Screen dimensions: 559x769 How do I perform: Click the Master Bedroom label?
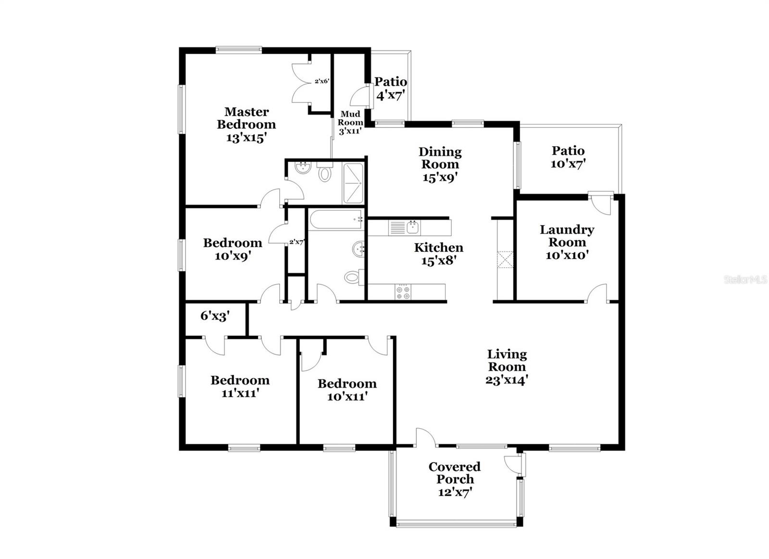(x=246, y=118)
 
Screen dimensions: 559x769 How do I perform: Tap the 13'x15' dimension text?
(x=246, y=137)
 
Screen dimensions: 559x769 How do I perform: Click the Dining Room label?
(x=440, y=158)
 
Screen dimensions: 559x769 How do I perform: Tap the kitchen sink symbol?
(x=412, y=227)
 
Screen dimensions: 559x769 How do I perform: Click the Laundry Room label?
(x=567, y=236)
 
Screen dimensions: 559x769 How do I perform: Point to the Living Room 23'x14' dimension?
(x=507, y=380)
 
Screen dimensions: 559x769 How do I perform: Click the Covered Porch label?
(x=455, y=473)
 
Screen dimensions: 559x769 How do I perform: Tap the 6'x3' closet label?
(x=215, y=316)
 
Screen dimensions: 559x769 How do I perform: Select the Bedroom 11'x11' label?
(x=240, y=386)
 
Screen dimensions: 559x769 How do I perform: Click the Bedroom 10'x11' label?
(x=347, y=390)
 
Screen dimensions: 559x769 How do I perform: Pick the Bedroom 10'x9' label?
(x=233, y=249)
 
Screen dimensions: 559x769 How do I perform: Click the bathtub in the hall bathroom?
(x=335, y=220)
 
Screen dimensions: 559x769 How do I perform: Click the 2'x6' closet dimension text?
(x=322, y=81)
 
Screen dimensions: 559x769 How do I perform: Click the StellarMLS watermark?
(x=745, y=280)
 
